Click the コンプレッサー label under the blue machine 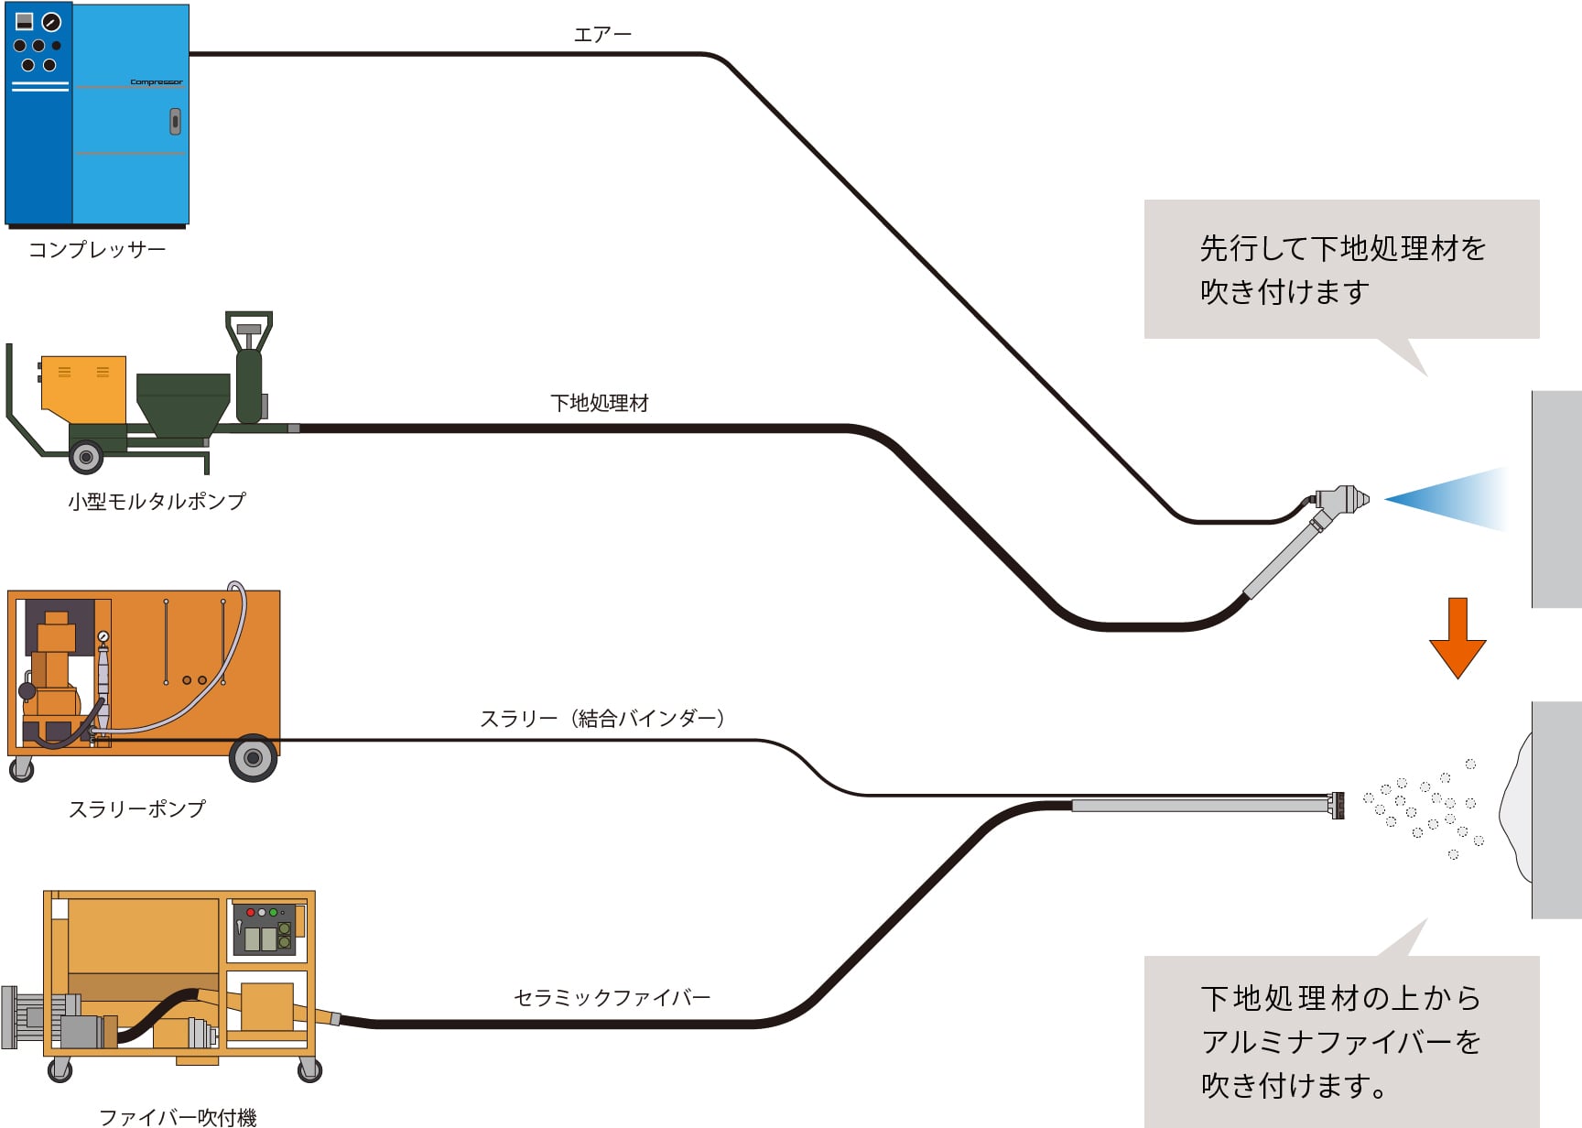97,249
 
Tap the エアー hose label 602,35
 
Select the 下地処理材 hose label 600,403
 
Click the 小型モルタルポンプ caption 157,501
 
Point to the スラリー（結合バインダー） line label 602,719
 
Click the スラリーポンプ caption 137,808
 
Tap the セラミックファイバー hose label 612,997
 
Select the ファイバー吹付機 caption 178,1117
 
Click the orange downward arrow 1457,637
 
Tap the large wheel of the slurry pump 253,758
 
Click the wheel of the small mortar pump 86,456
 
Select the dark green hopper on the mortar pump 182,403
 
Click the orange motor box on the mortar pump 83,388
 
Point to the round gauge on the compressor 51,22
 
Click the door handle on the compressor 175,121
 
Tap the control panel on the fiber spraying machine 265,928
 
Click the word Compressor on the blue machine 156,82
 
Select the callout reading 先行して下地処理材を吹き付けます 1341,269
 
